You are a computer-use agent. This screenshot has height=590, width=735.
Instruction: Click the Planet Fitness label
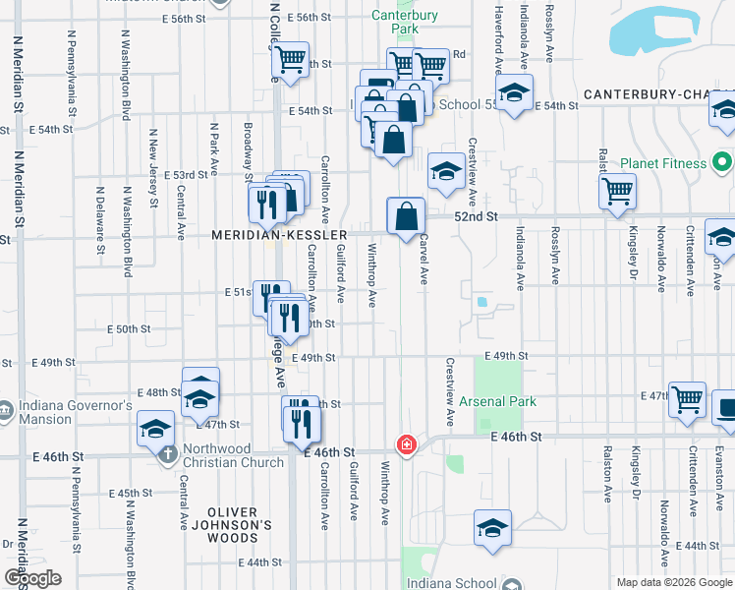[x=662, y=163]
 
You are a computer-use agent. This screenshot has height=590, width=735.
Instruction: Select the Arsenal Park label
[x=496, y=401]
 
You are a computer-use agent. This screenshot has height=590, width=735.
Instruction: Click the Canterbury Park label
[x=396, y=22]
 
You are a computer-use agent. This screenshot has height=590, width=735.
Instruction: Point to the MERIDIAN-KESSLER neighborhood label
[x=280, y=236]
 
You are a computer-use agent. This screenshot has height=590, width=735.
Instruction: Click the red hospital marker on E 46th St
[x=405, y=445]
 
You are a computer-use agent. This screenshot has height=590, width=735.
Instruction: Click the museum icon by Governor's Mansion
[x=6, y=409]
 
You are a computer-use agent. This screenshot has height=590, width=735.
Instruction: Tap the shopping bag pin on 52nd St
[x=406, y=215]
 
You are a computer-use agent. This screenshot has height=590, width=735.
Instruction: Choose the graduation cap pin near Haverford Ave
[x=513, y=94]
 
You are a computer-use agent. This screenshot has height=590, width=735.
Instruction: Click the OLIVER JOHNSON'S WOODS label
[x=232, y=519]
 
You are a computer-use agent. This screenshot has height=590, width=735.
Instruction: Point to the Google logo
[x=33, y=577]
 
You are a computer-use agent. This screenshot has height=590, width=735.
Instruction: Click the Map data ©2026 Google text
[x=673, y=582]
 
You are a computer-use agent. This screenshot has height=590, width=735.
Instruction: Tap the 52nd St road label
[x=476, y=216]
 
